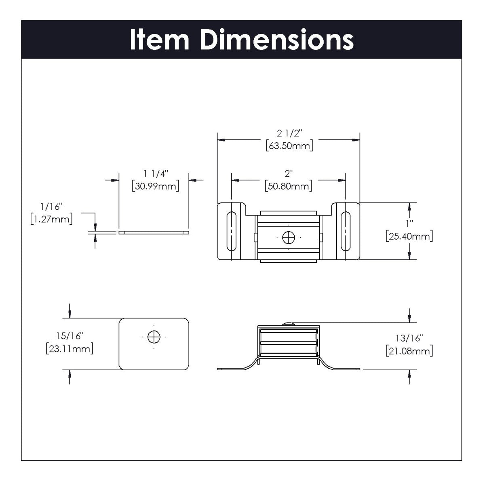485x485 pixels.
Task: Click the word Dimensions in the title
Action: click(x=277, y=40)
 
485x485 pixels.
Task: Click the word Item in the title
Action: click(x=159, y=40)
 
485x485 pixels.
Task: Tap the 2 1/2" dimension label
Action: click(x=289, y=133)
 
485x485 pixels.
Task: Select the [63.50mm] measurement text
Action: click(x=289, y=146)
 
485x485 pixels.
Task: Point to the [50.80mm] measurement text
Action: click(x=289, y=186)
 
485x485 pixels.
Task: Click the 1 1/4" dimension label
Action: click(x=155, y=174)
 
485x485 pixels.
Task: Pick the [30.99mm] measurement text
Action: click(x=156, y=186)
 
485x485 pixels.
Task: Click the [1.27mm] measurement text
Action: click(x=51, y=219)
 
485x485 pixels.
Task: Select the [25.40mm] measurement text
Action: click(x=409, y=236)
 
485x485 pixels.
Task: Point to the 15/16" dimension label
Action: click(x=70, y=336)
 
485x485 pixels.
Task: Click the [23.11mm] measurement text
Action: click(x=70, y=348)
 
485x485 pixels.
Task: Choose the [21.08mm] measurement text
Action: click(x=409, y=351)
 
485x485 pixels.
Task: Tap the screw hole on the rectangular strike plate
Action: click(x=154, y=337)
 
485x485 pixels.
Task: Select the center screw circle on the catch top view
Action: click(x=289, y=238)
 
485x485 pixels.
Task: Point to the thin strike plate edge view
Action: click(x=154, y=233)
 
